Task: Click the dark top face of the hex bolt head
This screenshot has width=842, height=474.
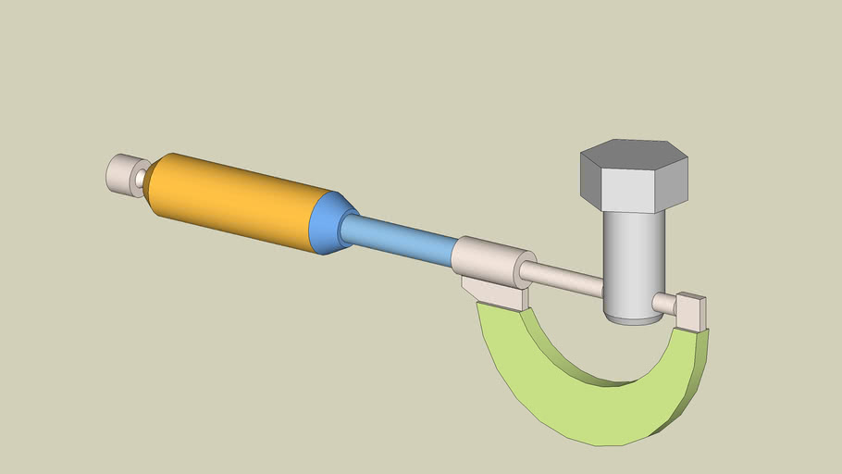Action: tap(635, 153)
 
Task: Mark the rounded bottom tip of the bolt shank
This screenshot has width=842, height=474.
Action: tap(635, 318)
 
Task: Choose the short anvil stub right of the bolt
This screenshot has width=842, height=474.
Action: tap(664, 304)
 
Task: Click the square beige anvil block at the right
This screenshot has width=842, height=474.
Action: tap(690, 311)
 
